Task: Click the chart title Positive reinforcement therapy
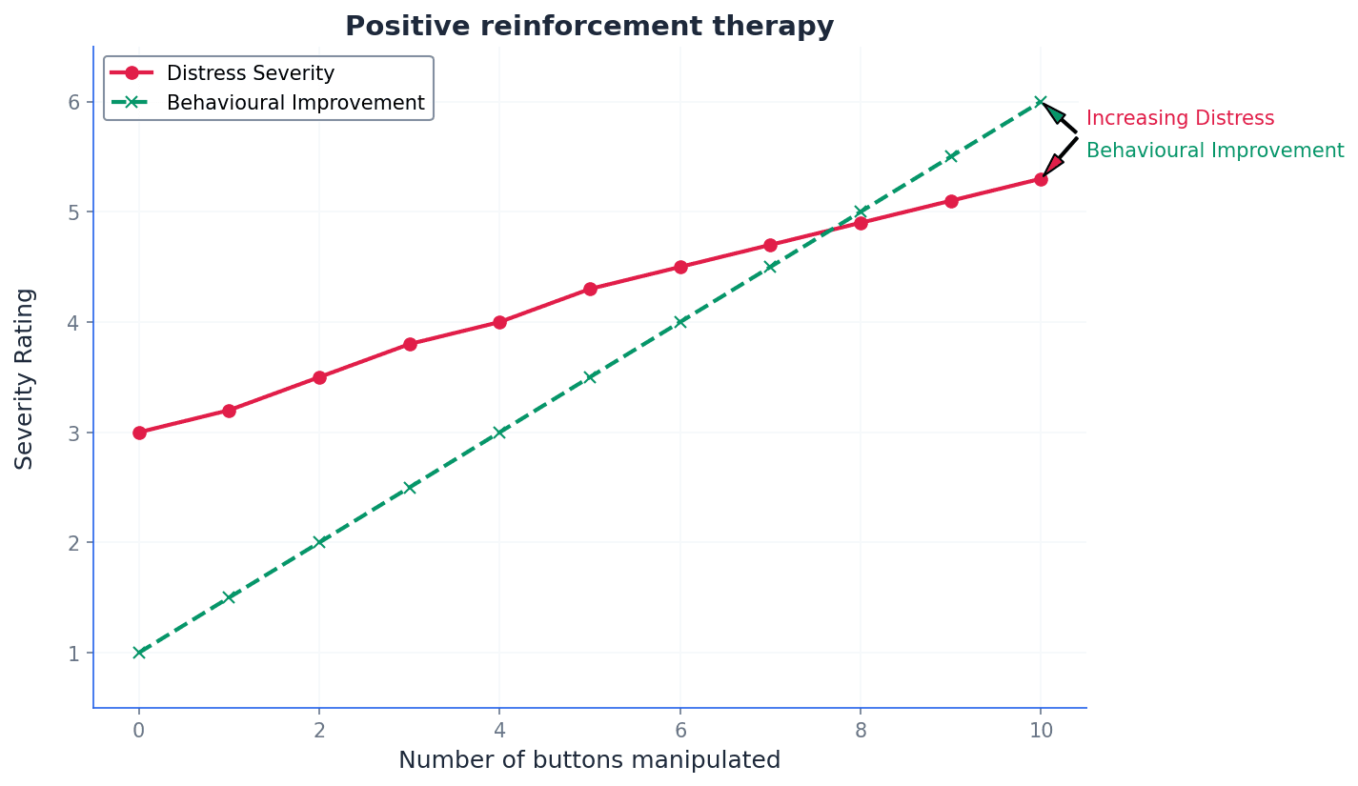tap(589, 27)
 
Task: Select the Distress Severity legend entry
tap(250, 73)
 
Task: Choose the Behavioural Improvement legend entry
tap(295, 103)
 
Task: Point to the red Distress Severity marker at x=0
tap(139, 433)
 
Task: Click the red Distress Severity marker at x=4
tap(499, 322)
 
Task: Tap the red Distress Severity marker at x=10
tap(1041, 179)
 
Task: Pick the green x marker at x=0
tap(139, 653)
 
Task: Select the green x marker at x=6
tap(680, 322)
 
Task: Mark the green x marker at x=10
tap(1041, 102)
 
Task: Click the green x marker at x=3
tap(410, 488)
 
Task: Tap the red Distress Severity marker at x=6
tap(680, 267)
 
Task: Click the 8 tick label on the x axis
tap(861, 731)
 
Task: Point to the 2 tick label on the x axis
tap(319, 731)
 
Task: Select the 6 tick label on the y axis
tap(73, 102)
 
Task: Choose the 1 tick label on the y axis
tap(73, 654)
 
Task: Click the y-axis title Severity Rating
tap(25, 378)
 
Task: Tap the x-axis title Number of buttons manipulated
tap(589, 760)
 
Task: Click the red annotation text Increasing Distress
tap(1180, 119)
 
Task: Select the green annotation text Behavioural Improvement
tap(1215, 151)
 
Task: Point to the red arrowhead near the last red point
tap(1053, 164)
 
